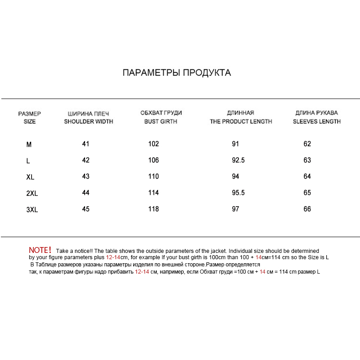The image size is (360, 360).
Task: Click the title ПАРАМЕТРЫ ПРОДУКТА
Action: click(x=177, y=73)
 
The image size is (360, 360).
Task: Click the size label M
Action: click(x=29, y=145)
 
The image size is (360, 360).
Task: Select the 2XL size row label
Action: click(x=31, y=193)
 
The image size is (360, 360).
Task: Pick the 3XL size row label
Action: click(x=31, y=210)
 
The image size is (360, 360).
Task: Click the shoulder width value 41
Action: click(x=86, y=144)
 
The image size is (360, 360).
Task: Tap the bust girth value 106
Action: click(x=153, y=160)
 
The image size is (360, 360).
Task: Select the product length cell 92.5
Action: click(x=238, y=160)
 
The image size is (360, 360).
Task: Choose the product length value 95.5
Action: click(x=238, y=193)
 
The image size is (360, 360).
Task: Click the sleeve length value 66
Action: click(x=307, y=209)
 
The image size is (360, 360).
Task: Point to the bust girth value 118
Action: click(x=153, y=209)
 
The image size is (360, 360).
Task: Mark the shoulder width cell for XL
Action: click(x=86, y=176)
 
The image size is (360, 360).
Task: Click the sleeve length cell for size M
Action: click(x=307, y=144)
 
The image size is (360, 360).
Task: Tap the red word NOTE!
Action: click(x=40, y=250)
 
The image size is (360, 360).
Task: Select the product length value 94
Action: click(x=235, y=176)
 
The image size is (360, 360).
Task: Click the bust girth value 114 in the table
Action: click(x=153, y=193)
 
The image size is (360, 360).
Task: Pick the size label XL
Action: click(x=30, y=177)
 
